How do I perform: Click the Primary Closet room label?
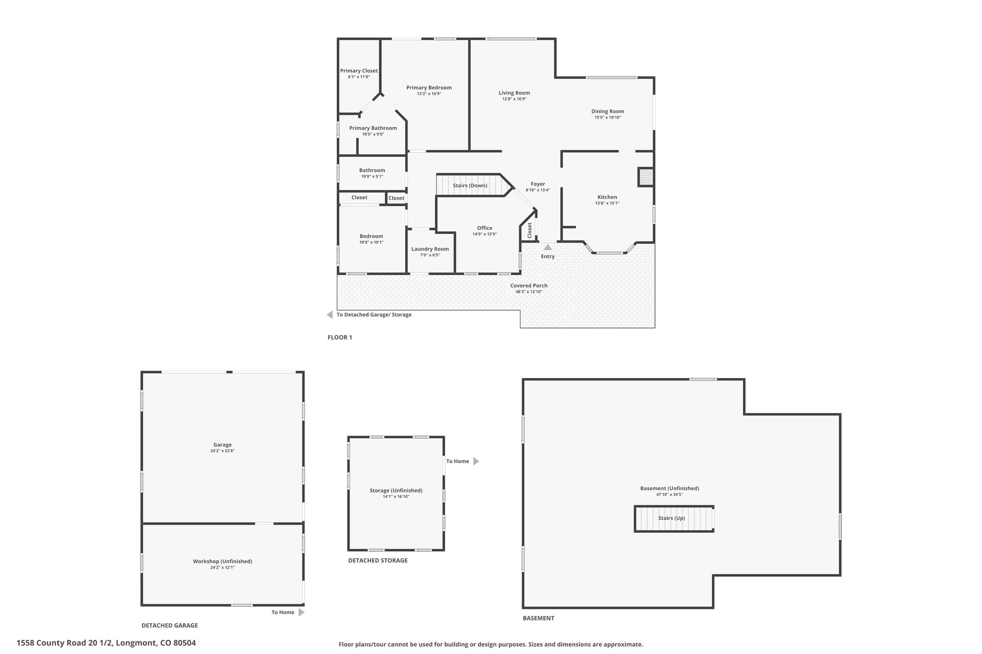point(359,71)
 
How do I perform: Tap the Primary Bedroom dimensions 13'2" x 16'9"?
point(429,94)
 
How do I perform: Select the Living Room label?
point(514,93)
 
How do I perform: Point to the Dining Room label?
point(608,112)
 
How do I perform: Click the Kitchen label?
point(607,197)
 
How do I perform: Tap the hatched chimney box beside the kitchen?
point(646,177)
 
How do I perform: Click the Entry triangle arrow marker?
point(548,247)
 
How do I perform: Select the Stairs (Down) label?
point(470,185)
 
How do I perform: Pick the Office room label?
point(484,228)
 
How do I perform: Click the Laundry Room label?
point(430,249)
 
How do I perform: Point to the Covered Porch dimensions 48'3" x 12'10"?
point(529,292)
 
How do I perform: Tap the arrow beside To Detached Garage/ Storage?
point(329,315)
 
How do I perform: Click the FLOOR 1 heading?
point(340,337)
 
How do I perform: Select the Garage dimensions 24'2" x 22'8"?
point(222,451)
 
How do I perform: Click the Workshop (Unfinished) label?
point(222,562)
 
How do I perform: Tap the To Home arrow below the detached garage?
point(302,612)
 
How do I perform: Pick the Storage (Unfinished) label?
point(396,491)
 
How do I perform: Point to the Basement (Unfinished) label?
point(670,489)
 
